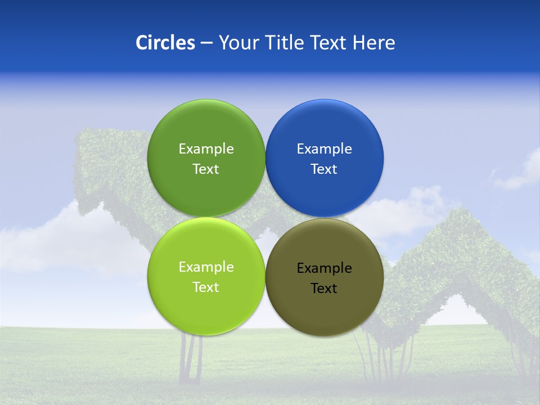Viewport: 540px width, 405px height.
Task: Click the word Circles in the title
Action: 165,43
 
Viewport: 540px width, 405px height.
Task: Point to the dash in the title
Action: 206,43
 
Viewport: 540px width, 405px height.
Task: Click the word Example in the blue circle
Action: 324,149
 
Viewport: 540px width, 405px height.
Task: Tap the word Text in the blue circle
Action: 324,169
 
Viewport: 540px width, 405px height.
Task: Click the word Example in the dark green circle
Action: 206,149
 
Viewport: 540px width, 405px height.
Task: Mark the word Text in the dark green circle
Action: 206,169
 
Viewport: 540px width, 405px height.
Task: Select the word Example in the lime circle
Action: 206,267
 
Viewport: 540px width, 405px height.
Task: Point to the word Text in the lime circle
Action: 206,287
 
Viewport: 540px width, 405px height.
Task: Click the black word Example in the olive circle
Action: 324,268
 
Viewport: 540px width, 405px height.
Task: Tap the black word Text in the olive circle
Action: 324,289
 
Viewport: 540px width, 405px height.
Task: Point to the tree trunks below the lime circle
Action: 191,360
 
